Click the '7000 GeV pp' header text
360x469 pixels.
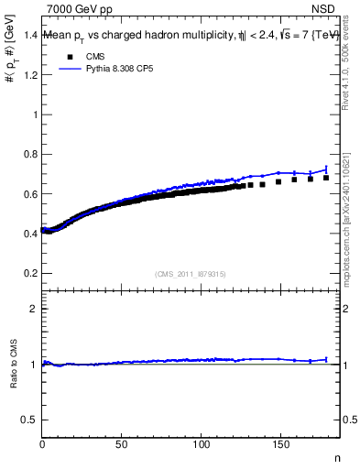(x=77, y=8)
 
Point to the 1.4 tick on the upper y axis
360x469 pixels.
(x=31, y=35)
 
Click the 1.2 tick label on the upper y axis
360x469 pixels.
(x=31, y=75)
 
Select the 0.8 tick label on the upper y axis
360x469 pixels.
(x=31, y=155)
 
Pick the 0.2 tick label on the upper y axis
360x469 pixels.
(x=31, y=274)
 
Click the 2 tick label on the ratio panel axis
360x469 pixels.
(x=35, y=309)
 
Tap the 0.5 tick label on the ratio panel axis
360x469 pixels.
(x=31, y=420)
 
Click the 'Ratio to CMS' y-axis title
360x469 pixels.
(x=14, y=365)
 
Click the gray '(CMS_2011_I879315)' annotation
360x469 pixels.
(x=191, y=273)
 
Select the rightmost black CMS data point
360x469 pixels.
(x=326, y=178)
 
